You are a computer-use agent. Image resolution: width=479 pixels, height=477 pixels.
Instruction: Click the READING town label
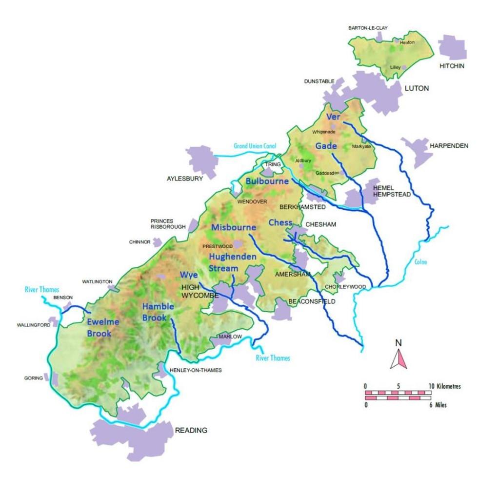tap(191, 430)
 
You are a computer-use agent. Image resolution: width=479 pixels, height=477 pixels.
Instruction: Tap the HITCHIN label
tap(451, 66)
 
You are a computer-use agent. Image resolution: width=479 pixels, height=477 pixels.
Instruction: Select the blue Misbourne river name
tap(234, 227)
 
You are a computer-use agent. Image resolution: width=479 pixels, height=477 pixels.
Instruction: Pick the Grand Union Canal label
tap(255, 146)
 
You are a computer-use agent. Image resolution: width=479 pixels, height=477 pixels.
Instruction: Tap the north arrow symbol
tap(399, 355)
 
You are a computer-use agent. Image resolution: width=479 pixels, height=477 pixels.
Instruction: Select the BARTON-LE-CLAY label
tap(368, 28)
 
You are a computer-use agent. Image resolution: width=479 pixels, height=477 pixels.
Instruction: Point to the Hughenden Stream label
tap(224, 262)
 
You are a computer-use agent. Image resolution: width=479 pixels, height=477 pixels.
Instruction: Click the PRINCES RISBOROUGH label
tap(168, 224)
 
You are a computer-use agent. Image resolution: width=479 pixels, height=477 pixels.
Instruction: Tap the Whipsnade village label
tap(323, 132)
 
